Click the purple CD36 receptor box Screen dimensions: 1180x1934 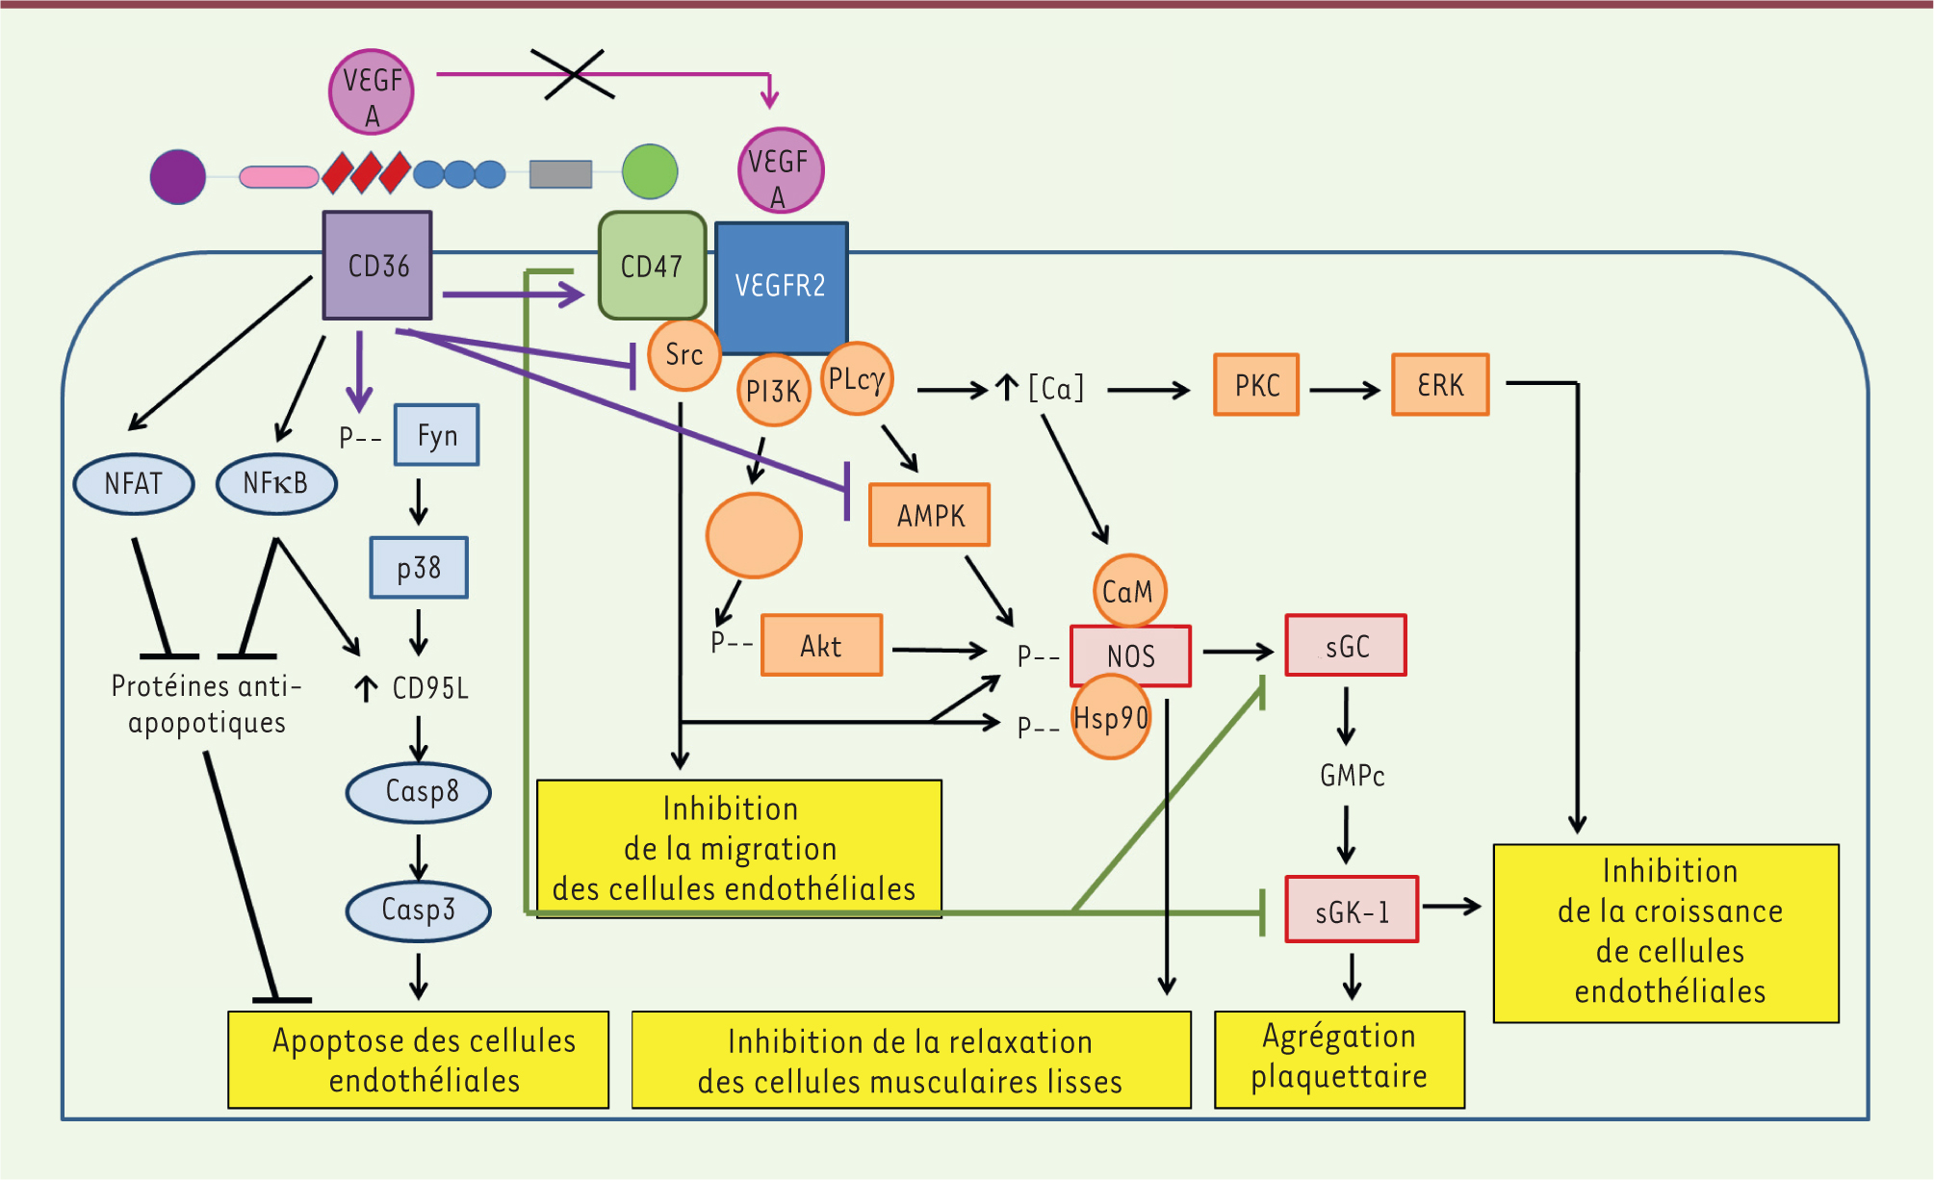pos(377,266)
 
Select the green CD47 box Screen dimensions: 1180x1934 pos(652,266)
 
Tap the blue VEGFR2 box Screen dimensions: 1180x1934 pos(781,286)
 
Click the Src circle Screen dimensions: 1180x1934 pos(683,355)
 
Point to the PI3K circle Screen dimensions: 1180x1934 pos(773,391)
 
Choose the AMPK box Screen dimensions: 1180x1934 pos(930,516)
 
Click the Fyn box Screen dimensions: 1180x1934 pos(437,436)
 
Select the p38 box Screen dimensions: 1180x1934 pos(419,568)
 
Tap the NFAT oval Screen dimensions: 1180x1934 pos(134,483)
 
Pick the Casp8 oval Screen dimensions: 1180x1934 pos(419,792)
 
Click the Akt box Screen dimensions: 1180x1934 pos(821,646)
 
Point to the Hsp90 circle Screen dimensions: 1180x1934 pos(1111,718)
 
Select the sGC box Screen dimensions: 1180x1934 pos(1346,646)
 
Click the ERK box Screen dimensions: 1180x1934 pos(1440,385)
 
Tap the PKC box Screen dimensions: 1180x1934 pos(1256,385)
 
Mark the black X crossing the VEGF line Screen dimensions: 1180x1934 pos(574,74)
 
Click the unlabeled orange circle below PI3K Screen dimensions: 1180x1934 pos(754,536)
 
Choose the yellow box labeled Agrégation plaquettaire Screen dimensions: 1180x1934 pos(1339,1059)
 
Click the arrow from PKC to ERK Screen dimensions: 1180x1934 pos(1345,390)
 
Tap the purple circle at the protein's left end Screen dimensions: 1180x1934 pos(178,177)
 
